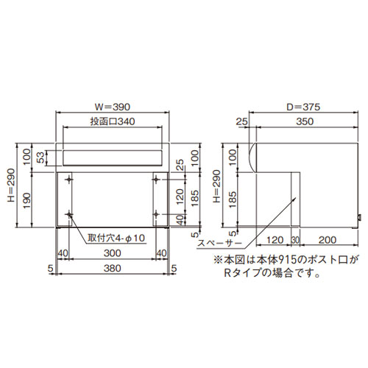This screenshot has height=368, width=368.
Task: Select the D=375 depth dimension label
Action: [x=303, y=106]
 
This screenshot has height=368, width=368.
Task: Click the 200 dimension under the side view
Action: [x=329, y=240]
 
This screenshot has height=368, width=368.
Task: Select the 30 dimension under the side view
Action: [x=294, y=240]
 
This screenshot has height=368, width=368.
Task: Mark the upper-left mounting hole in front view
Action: [x=69, y=179]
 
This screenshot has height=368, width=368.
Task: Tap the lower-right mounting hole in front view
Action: [x=156, y=215]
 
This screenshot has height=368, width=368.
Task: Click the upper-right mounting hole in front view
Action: [x=156, y=179]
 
